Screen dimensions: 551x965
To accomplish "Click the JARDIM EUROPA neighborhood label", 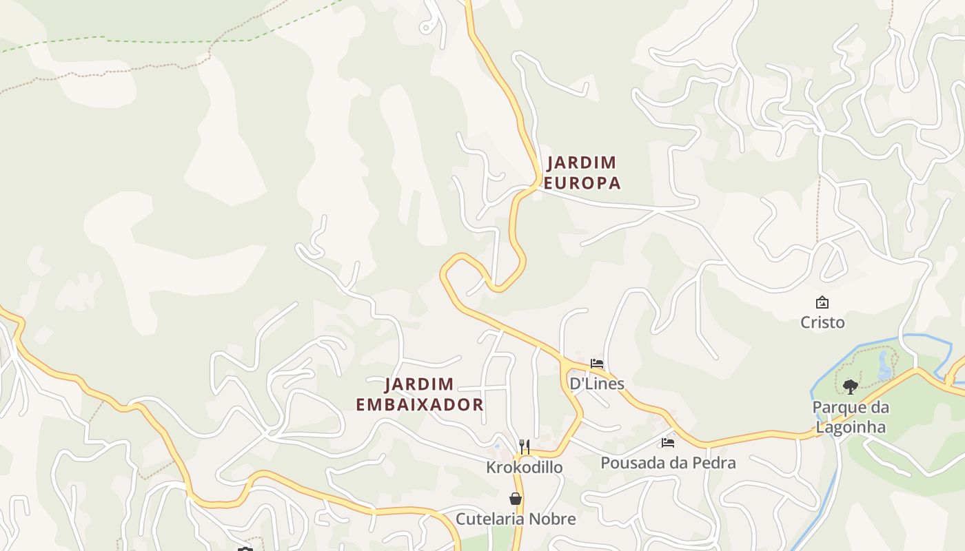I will click(x=582, y=173).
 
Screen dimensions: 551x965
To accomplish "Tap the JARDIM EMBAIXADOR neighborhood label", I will click(x=419, y=394).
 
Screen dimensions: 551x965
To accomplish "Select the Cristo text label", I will click(x=822, y=322).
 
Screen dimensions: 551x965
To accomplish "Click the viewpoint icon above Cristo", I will click(x=822, y=302).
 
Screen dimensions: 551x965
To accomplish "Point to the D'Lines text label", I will click(x=596, y=383).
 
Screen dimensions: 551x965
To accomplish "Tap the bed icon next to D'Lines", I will click(x=597, y=363).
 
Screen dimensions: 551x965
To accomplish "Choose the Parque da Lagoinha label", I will click(x=851, y=417).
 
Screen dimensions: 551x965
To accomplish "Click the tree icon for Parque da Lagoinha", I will click(x=851, y=386).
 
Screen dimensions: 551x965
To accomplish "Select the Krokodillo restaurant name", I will click(x=524, y=467).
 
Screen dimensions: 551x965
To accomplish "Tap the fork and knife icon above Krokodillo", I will click(x=524, y=447).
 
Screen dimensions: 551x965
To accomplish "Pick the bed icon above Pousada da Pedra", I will click(x=667, y=442).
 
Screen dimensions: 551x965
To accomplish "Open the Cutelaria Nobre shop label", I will click(x=515, y=519).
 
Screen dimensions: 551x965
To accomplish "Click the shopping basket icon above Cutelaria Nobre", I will click(x=515, y=499).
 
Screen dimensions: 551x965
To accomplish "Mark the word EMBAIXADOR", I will click(x=419, y=404).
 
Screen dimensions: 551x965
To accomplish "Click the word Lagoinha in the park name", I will click(x=851, y=427).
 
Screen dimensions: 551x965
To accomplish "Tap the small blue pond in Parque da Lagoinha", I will click(x=884, y=366).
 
